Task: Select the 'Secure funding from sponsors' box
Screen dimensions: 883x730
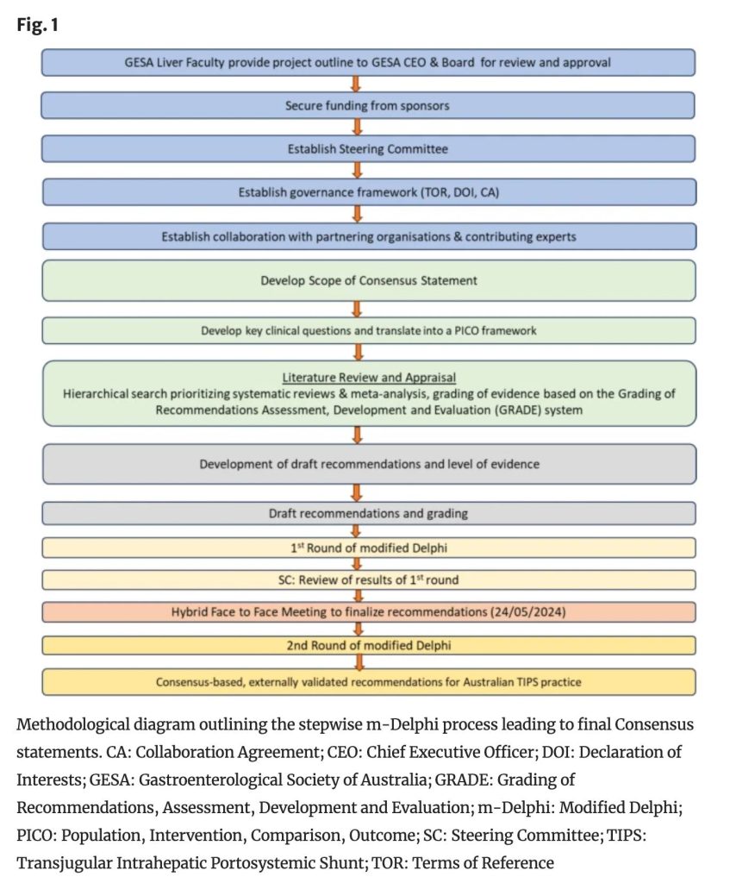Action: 368,106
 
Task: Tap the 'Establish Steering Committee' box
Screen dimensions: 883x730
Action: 368,149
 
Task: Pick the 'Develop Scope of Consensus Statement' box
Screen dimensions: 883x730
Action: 368,280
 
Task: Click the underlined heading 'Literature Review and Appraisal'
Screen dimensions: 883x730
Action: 369,378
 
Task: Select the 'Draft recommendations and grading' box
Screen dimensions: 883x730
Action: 368,513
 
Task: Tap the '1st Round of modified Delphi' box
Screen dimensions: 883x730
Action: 368,548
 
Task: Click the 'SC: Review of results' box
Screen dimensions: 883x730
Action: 368,579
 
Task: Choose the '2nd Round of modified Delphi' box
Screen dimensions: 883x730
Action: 368,645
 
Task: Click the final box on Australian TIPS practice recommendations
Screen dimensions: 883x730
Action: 368,682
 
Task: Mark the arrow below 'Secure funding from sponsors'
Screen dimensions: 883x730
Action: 357,128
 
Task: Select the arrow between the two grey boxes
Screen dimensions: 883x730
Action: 357,492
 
